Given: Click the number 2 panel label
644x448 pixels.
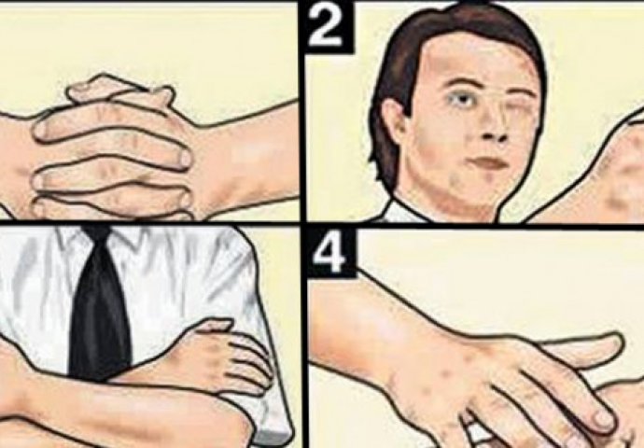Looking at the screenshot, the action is [x=327, y=27].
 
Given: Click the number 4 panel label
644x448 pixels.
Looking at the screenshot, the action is [x=331, y=253].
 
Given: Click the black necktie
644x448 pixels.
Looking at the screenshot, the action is [x=101, y=304].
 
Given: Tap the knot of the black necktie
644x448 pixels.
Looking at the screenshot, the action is [x=98, y=233].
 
